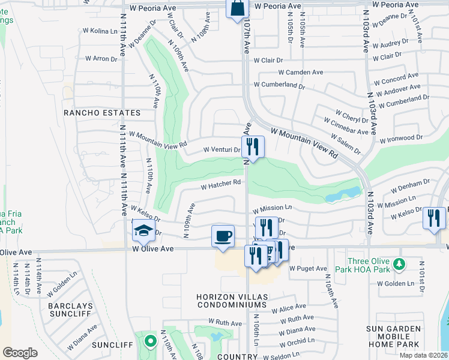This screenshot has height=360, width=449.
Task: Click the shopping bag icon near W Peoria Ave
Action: [x=237, y=9]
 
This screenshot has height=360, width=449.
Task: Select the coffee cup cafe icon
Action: [x=223, y=235]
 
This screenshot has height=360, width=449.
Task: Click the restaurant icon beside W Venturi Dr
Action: [x=253, y=146]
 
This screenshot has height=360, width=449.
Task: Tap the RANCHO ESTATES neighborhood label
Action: [x=103, y=113]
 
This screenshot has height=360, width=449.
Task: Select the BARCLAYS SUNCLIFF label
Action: [x=71, y=310]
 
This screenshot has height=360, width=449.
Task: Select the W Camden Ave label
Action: [x=304, y=73]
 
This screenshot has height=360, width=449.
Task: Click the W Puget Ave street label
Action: [x=308, y=269]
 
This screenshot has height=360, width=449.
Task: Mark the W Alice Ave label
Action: [x=288, y=309]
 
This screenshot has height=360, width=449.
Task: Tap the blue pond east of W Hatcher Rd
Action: [x=343, y=194]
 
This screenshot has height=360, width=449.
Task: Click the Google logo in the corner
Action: [x=20, y=353]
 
